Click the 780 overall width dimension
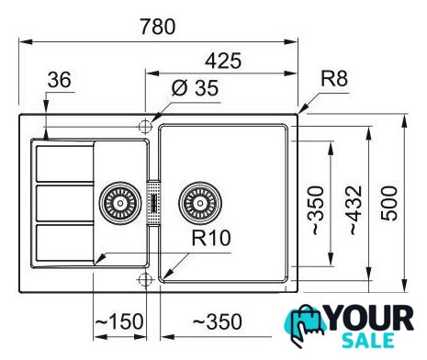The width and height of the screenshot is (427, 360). (158, 27)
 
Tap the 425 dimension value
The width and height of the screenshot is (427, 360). (223, 61)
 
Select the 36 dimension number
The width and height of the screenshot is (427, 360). (60, 80)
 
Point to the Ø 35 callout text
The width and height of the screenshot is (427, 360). (196, 88)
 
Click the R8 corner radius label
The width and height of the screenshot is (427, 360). (334, 78)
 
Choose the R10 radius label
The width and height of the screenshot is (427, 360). (211, 238)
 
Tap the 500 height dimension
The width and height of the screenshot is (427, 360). (389, 203)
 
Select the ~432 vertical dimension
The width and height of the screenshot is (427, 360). (355, 210)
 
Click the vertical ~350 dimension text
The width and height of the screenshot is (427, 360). (316, 210)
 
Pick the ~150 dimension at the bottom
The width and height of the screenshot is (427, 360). (119, 321)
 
